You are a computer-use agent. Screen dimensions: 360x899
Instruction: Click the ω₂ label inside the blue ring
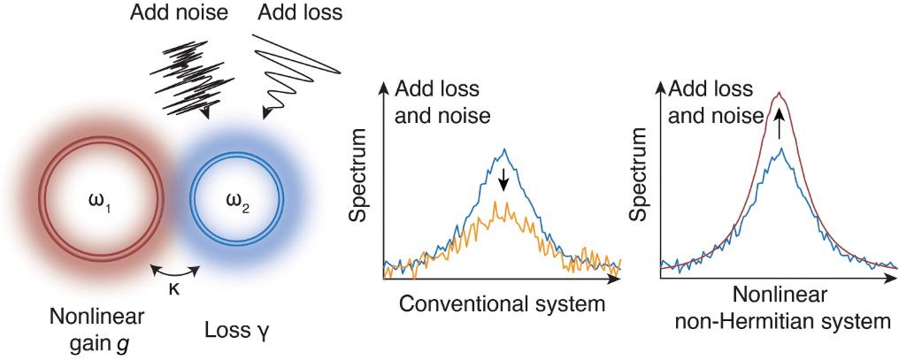[236, 209]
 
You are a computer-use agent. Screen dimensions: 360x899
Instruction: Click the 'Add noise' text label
[178, 13]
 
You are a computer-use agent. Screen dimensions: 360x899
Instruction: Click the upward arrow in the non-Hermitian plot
[779, 124]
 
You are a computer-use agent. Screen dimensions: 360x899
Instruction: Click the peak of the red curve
[779, 93]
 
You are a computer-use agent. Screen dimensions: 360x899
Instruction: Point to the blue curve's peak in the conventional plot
[503, 149]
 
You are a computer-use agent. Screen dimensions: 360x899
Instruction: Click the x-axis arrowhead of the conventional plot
[616, 278]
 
